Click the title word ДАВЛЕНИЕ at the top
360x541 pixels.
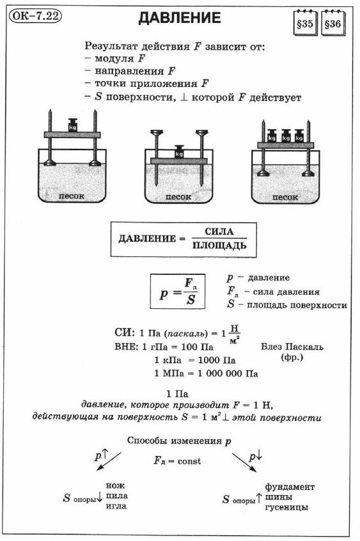click(x=180, y=18)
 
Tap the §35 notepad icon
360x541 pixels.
click(x=305, y=23)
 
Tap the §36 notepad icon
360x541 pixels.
click(x=333, y=23)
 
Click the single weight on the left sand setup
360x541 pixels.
click(x=72, y=125)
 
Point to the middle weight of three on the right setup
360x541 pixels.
click(x=286, y=136)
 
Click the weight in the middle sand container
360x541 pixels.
click(x=179, y=152)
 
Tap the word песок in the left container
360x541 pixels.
click(x=71, y=196)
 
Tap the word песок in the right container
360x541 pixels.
click(x=285, y=198)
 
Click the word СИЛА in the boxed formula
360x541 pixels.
click(x=219, y=231)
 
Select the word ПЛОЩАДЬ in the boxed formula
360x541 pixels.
click(x=219, y=246)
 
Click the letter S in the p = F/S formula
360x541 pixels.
click(x=191, y=299)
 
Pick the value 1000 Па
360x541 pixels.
click(x=217, y=360)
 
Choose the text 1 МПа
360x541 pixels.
click(x=168, y=373)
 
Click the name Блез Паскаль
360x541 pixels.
click(x=292, y=347)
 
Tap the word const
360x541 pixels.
click(x=189, y=461)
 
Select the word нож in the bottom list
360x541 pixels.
click(x=115, y=485)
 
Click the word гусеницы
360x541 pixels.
click(x=286, y=507)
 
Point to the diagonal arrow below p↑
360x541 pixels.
click(x=109, y=461)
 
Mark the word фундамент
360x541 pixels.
click(x=290, y=487)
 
